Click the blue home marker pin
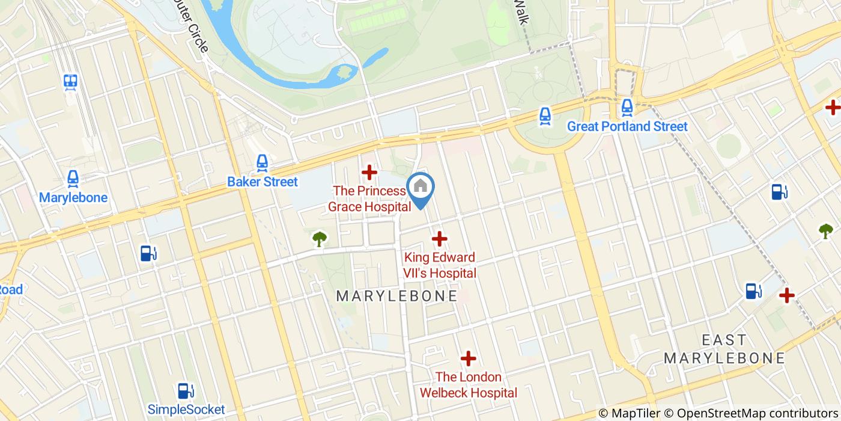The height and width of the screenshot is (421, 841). tap(421, 189)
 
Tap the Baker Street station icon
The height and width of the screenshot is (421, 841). tap(262, 162)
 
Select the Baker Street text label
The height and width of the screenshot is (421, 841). tap(263, 182)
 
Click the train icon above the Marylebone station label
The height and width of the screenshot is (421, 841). tap(73, 178)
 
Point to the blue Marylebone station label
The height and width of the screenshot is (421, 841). tap(73, 198)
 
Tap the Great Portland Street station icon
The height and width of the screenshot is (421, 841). tap(627, 108)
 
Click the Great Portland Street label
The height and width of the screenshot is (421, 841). tap(627, 127)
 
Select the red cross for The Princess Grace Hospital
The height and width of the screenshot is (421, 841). tap(369, 173)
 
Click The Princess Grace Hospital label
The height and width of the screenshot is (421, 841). tap(369, 198)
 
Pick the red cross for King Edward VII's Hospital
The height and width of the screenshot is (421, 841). tap(440, 239)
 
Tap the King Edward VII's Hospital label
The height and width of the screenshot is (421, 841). tap(440, 265)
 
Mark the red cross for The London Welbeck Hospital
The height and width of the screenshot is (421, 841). tap(468, 359)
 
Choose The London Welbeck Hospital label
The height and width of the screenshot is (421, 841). tap(468, 385)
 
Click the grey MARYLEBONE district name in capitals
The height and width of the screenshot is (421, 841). tap(396, 296)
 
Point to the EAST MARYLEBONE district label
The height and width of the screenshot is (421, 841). tap(724, 349)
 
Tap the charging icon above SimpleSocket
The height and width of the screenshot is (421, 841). tap(186, 391)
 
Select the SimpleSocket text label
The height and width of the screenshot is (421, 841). tap(186, 410)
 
